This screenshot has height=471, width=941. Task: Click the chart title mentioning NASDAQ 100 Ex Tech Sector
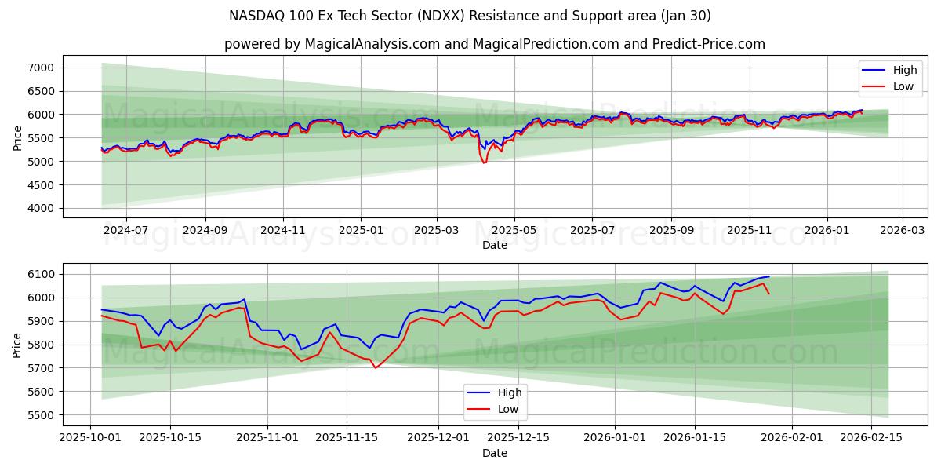click(x=470, y=16)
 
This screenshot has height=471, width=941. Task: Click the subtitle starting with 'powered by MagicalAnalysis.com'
click(x=494, y=44)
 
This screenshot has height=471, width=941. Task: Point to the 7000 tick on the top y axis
click(x=41, y=68)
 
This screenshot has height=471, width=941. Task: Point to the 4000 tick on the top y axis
click(x=41, y=208)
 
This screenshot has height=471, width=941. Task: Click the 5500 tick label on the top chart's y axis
click(x=41, y=138)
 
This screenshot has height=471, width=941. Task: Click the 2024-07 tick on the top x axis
click(x=125, y=231)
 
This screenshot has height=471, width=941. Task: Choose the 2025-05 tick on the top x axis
click(x=514, y=231)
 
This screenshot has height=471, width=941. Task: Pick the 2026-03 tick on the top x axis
click(x=902, y=231)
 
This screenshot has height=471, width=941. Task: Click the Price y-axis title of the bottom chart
click(x=17, y=345)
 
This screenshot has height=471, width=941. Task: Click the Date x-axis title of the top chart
click(x=494, y=245)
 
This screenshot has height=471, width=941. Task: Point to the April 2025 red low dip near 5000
click(x=484, y=162)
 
